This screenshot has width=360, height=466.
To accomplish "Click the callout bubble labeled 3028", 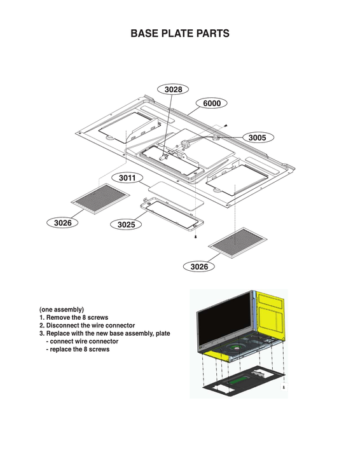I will pyautogui.click(x=173, y=90).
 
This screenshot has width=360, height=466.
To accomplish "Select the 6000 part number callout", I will pyautogui.click(x=212, y=103).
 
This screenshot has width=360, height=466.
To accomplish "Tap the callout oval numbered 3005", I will pyautogui.click(x=258, y=137).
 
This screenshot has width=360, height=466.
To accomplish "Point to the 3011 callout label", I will pyautogui.click(x=127, y=179).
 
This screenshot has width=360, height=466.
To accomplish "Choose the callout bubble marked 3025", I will pyautogui.click(x=125, y=224).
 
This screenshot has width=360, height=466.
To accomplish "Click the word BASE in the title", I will pyautogui.click(x=146, y=34).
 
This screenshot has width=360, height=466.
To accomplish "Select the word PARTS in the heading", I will pyautogui.click(x=212, y=34).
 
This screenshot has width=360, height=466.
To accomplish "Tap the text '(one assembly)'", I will pyautogui.click(x=62, y=310).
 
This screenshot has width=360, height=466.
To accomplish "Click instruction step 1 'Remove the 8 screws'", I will pyautogui.click(x=74, y=317).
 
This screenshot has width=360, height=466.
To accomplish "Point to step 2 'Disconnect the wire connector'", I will pyautogui.click(x=87, y=326).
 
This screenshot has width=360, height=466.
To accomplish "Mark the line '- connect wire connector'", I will pyautogui.click(x=82, y=341).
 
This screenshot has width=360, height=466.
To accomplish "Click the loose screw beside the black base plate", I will pyautogui.click(x=283, y=386).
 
